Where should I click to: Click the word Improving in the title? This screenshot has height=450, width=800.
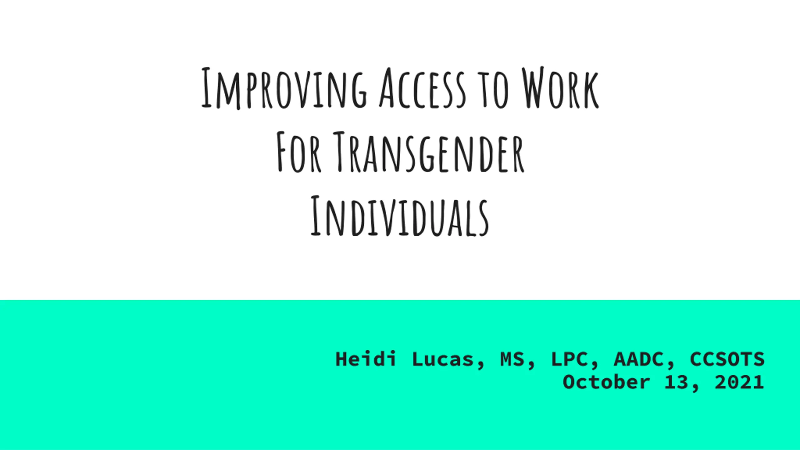click(x=284, y=88)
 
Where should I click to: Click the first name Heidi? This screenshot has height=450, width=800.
click(x=366, y=359)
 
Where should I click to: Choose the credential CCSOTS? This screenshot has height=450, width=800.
click(x=727, y=359)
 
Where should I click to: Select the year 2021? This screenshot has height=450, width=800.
click(x=739, y=382)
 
